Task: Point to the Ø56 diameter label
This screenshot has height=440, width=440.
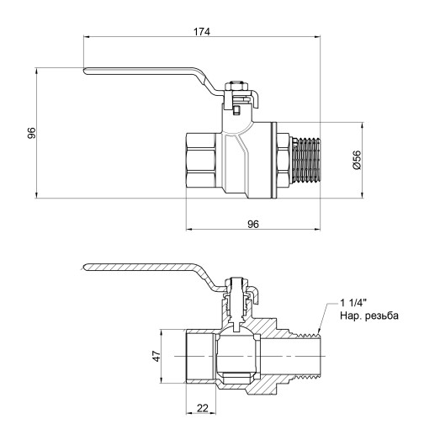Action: (357, 161)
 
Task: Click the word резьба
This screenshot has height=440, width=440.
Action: (384, 317)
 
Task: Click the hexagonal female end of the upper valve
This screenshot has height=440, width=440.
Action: (202, 161)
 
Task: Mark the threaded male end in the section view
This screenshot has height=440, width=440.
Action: (307, 357)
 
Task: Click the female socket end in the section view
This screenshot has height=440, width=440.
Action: (199, 357)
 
